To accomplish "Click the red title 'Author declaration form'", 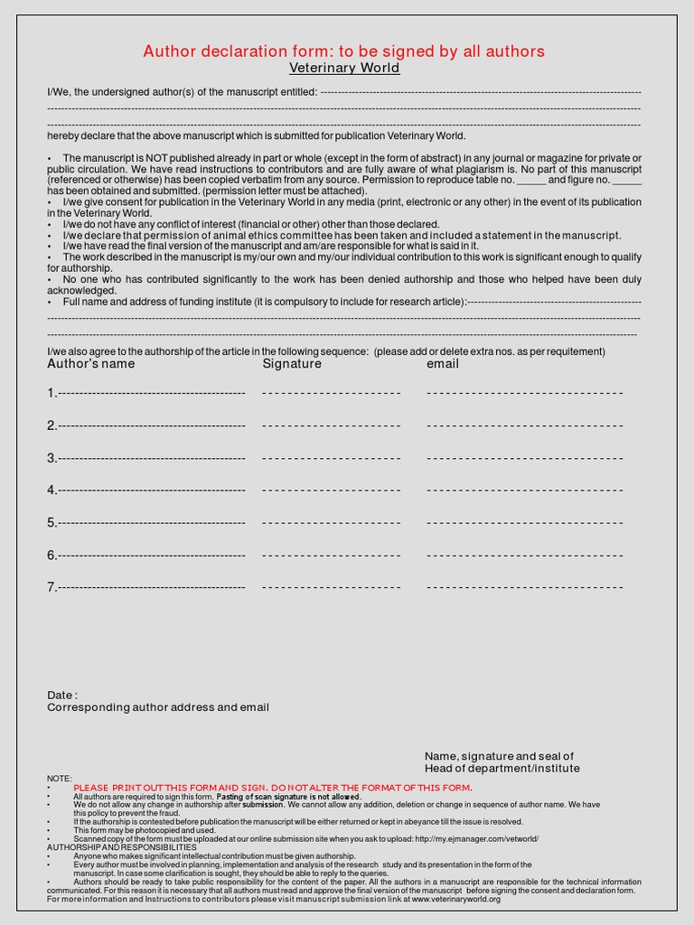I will pyautogui.click(x=343, y=51).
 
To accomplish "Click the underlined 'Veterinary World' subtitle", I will pyautogui.click(x=343, y=69).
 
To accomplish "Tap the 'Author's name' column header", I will pyautogui.click(x=91, y=364).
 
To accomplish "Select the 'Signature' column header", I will pyautogui.click(x=292, y=364).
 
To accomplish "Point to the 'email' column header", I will pyautogui.click(x=443, y=364).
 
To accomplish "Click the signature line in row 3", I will pyautogui.click(x=331, y=458).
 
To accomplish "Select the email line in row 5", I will pyautogui.click(x=524, y=523).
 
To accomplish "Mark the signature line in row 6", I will pyautogui.click(x=331, y=556).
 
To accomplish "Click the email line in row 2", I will pyautogui.click(x=524, y=425).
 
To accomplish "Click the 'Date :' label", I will pyautogui.click(x=62, y=696).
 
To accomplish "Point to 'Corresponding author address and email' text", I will pyautogui.click(x=158, y=708).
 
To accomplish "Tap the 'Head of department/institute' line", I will pyautogui.click(x=502, y=769).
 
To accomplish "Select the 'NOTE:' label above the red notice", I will pyautogui.click(x=60, y=779).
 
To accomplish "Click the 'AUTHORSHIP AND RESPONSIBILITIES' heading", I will pyautogui.click(x=121, y=847).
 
